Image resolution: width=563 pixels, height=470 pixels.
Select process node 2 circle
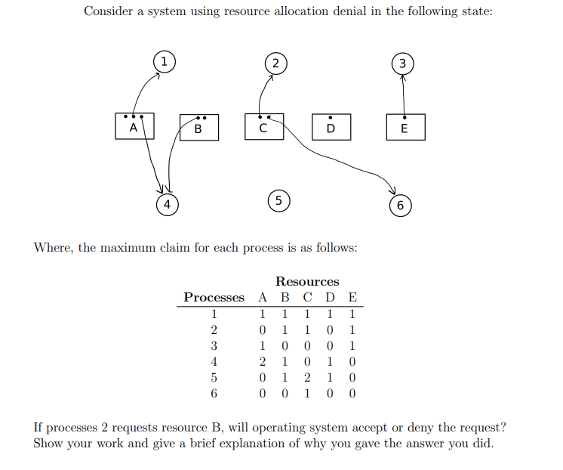click(x=275, y=63)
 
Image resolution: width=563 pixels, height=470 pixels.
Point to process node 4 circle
click(x=168, y=203)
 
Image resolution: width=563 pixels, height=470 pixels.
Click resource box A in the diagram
click(x=134, y=127)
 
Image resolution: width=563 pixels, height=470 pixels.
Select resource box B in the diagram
click(x=198, y=128)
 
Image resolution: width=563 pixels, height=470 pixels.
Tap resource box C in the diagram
click(x=263, y=127)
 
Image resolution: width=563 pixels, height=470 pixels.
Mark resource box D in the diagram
click(x=330, y=128)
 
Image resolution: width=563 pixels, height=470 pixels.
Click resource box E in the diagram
click(x=405, y=128)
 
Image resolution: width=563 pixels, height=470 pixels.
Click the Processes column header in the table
click(x=214, y=298)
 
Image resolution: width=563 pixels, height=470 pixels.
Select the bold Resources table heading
click(x=307, y=282)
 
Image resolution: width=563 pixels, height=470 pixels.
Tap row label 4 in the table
click(x=214, y=361)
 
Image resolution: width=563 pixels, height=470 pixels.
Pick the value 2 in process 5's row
click(x=307, y=377)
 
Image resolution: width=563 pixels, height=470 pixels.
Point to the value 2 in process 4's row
click(x=262, y=361)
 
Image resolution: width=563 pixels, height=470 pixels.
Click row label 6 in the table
click(x=214, y=393)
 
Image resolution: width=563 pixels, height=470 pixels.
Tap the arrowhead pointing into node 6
click(x=391, y=190)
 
